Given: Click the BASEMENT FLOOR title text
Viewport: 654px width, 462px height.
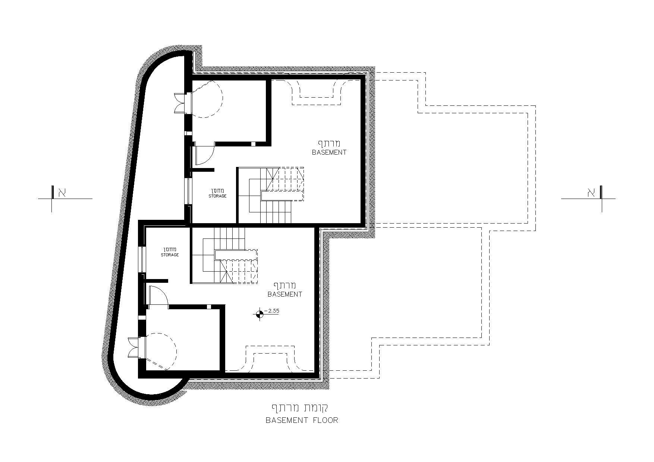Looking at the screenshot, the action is [x=302, y=420].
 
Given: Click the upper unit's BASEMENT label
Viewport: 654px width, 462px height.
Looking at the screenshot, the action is [x=329, y=152].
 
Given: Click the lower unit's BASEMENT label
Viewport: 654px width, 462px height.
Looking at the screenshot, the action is [x=285, y=294].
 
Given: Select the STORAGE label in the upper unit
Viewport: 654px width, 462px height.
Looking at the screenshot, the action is [x=217, y=196].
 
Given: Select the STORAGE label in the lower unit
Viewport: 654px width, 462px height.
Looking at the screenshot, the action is [x=170, y=255].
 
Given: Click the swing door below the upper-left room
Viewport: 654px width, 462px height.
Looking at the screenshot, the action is [x=204, y=154].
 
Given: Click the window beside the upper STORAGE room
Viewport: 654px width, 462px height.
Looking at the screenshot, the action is [x=189, y=191].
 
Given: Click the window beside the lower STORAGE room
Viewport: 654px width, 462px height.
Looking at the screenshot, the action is [x=142, y=259].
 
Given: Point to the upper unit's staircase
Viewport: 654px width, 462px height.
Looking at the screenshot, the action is [x=271, y=195].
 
